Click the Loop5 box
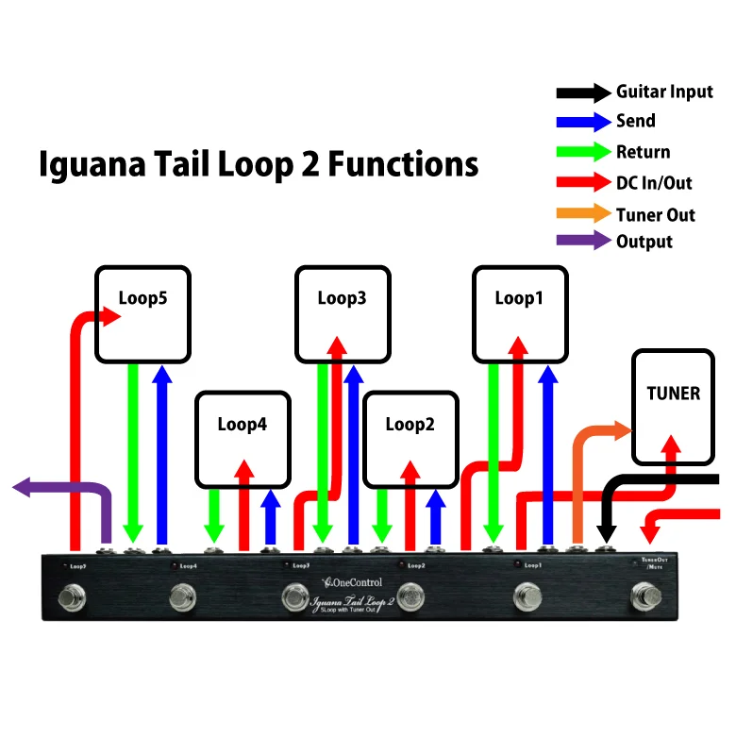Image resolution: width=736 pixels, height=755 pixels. click(x=142, y=314)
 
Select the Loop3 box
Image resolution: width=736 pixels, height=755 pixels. click(x=342, y=314)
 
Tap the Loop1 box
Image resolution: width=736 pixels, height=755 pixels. click(x=520, y=314)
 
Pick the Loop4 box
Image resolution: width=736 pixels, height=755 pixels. click(x=243, y=439)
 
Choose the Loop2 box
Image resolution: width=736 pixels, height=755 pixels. click(x=410, y=439)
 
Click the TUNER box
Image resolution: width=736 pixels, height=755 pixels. click(x=674, y=407)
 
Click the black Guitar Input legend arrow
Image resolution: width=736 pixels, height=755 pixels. click(x=583, y=92)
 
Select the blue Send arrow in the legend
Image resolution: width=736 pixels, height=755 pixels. click(x=583, y=122)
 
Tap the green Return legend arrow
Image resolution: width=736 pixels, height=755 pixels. click(x=583, y=152)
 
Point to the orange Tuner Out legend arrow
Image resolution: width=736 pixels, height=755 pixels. click(x=583, y=214)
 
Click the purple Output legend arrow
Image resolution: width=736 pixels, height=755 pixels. click(x=583, y=241)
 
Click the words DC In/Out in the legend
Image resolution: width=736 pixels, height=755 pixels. click(x=654, y=183)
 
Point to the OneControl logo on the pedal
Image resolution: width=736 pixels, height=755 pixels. click(x=352, y=582)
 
